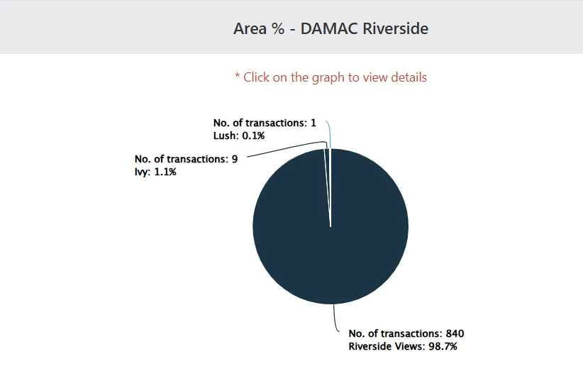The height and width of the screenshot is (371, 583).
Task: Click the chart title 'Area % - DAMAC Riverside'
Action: [x=331, y=29]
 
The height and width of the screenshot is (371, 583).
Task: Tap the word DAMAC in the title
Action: [x=323, y=29]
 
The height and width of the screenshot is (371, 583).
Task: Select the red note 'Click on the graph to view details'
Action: [x=331, y=77]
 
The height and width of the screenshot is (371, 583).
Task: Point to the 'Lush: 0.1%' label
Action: [x=238, y=135]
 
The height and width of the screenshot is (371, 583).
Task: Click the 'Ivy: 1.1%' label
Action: [x=155, y=171]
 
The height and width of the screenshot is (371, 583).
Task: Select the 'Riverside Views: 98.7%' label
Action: [x=402, y=346]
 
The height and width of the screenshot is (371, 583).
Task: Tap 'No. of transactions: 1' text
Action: [x=265, y=123]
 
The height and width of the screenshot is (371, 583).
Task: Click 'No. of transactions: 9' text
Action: [x=186, y=159]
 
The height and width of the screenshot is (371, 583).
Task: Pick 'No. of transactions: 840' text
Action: [x=406, y=333]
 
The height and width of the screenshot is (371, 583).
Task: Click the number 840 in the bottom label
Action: [x=455, y=333]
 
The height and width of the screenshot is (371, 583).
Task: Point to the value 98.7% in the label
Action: [x=440, y=346]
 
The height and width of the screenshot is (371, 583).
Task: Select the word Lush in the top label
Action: [x=224, y=135]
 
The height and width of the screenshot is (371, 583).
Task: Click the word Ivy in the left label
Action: [x=140, y=171]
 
